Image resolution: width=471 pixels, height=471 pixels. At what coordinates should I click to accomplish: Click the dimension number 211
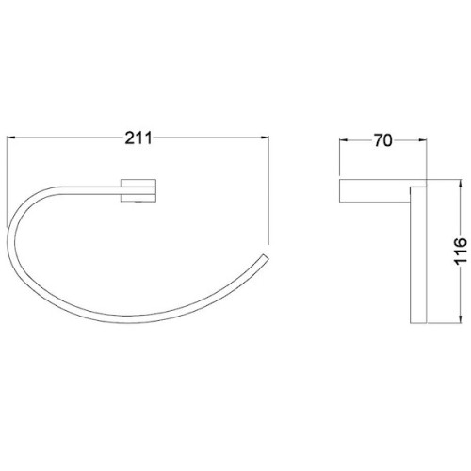(x=139, y=138)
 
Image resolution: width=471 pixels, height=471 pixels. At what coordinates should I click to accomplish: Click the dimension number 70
(x=382, y=141)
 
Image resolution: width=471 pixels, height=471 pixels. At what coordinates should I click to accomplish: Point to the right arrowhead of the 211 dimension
(x=264, y=138)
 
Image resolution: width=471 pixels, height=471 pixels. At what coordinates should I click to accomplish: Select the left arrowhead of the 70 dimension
(x=343, y=141)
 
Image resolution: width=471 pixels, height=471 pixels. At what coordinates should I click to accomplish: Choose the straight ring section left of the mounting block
(x=99, y=190)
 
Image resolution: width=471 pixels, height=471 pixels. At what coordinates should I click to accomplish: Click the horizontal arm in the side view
(x=377, y=190)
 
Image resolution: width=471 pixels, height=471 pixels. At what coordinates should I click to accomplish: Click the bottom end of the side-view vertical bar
(x=416, y=326)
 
